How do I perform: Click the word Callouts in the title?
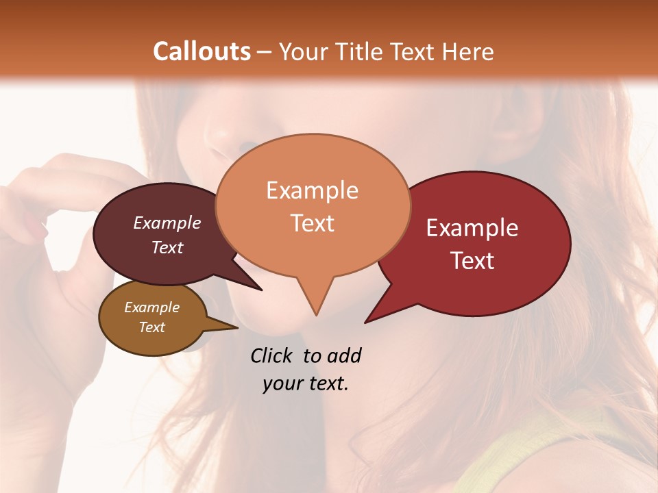pos(202,51)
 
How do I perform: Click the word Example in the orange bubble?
pos(312,190)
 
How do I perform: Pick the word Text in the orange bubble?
pos(312,223)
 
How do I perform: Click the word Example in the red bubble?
pos(472,228)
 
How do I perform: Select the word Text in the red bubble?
pos(472,260)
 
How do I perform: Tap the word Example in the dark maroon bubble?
pos(167,223)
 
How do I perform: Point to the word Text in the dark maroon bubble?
pos(167,247)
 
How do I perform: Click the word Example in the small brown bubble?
pos(151,307)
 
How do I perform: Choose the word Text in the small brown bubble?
pos(151,327)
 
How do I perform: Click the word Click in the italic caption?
pos(272,355)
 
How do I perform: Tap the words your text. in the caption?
pos(306,383)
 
